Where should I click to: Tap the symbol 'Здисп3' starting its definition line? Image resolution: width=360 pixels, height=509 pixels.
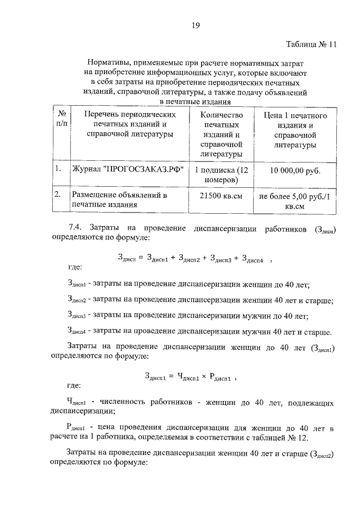coord(76,316)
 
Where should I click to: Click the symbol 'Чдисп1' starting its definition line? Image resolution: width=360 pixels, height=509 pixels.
coord(75,403)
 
